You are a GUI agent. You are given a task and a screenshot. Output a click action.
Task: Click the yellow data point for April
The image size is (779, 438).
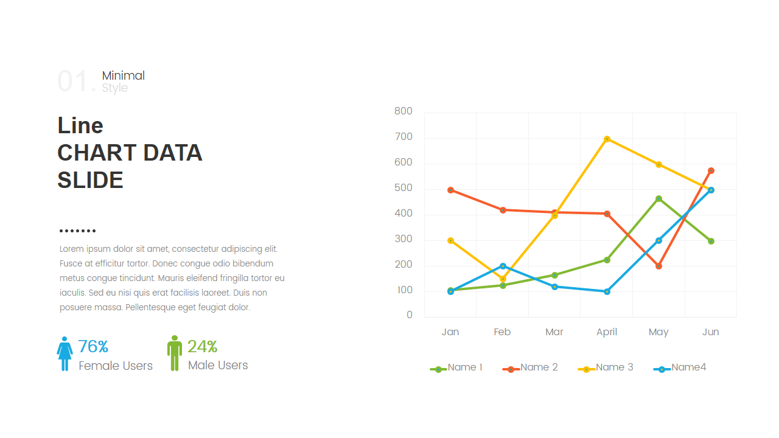point(607,139)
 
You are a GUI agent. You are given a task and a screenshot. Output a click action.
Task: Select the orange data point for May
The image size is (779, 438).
point(658,266)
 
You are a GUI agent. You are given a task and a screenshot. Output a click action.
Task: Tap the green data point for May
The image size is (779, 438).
point(658,198)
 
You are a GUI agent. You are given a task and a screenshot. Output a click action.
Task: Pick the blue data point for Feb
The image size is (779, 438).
point(503,266)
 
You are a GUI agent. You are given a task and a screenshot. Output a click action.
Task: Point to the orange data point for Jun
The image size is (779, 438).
point(711,170)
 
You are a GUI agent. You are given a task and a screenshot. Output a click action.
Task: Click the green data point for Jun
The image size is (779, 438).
point(711,241)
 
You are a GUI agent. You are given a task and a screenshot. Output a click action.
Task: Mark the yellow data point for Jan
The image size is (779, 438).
point(450,240)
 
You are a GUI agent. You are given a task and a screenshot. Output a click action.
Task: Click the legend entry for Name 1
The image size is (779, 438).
point(457,367)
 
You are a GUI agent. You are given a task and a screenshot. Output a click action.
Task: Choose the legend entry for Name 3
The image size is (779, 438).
point(606,367)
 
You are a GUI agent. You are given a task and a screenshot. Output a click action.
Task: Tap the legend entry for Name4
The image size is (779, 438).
point(680,367)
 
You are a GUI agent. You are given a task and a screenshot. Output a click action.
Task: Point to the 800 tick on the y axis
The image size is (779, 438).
point(403,111)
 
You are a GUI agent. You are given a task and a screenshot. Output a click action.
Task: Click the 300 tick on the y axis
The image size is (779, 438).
point(403,239)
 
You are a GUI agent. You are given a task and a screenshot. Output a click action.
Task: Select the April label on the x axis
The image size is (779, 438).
point(607,332)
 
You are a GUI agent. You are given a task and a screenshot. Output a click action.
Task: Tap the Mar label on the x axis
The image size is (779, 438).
point(554,332)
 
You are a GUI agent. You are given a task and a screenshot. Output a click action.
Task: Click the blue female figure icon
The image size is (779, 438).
point(65,353)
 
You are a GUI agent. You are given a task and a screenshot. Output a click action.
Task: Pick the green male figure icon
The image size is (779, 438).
point(175,353)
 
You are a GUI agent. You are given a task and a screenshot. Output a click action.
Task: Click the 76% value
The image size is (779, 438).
point(93,347)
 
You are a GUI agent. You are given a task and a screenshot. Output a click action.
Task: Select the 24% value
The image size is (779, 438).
point(202,347)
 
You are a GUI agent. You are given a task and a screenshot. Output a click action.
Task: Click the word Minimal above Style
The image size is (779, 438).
point(124,75)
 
